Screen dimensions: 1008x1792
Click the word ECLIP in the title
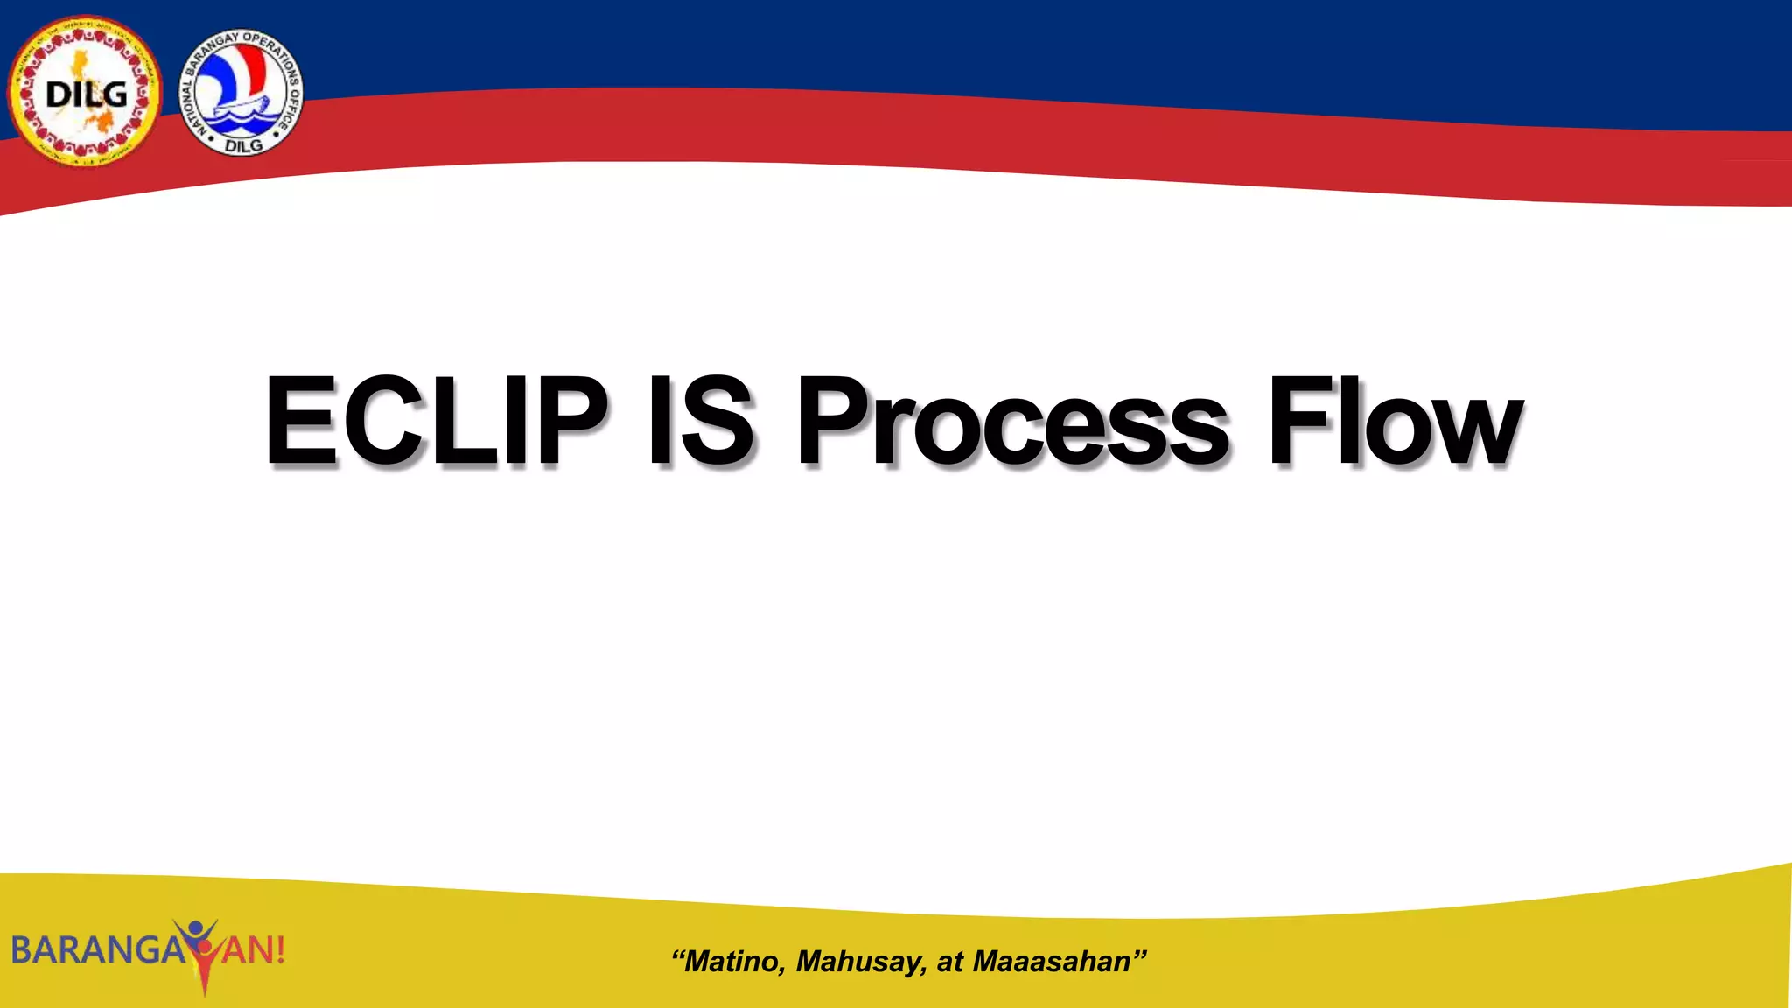click(x=436, y=421)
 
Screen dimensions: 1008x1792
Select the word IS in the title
click(x=700, y=421)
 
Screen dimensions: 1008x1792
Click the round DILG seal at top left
click(x=85, y=92)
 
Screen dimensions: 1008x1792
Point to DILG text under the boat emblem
click(x=242, y=145)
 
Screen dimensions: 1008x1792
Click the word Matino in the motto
click(x=733, y=962)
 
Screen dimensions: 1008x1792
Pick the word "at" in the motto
click(x=949, y=962)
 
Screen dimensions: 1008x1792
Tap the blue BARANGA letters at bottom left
click(x=96, y=950)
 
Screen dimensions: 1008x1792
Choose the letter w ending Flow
click(x=1478, y=433)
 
